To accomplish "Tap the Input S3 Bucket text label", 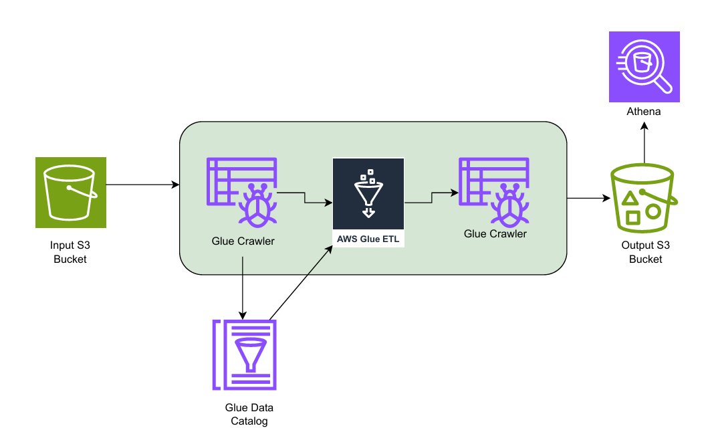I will pos(70,252).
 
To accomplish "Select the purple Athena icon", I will pos(644,67).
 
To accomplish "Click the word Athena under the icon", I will pos(644,112).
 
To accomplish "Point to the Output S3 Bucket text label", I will pos(645,252).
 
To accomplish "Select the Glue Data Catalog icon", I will pos(245,354).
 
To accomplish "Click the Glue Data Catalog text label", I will pos(249,414).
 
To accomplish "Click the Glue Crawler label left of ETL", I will pos(243,241).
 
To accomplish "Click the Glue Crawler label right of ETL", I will pos(495,234).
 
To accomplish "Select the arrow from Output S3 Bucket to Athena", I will pos(644,143).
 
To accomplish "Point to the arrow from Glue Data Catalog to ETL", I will pos(301,282).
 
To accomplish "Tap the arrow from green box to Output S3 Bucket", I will pos(589,198).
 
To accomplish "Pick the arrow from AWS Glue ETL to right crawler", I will pos(432,197).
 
